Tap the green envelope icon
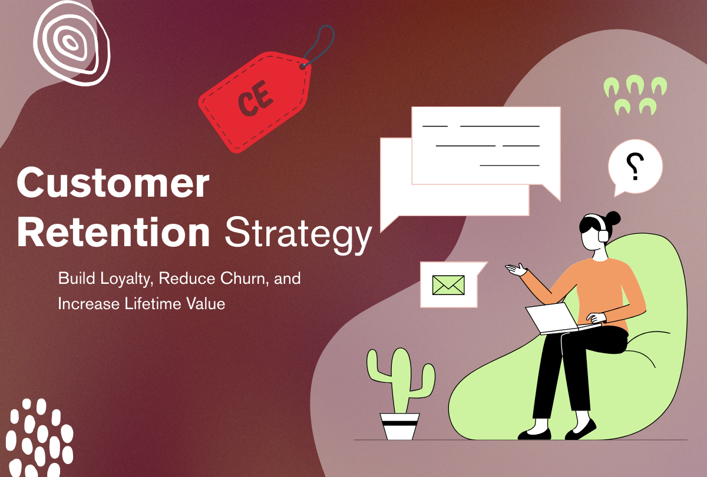pyautogui.click(x=448, y=285)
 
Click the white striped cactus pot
pyautogui.click(x=399, y=425)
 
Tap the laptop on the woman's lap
pyautogui.click(x=554, y=318)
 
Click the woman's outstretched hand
pyautogui.click(x=516, y=269)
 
